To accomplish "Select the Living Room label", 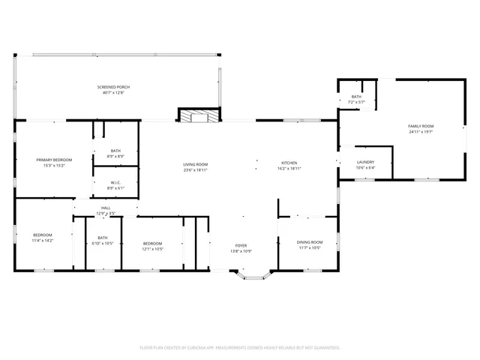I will click(195, 164).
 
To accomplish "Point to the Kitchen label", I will click(289, 163).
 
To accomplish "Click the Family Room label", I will click(421, 126).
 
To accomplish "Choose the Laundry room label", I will click(365, 162).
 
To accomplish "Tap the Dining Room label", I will click(310, 241).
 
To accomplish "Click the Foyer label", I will click(241, 245).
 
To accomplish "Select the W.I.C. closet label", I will click(115, 182).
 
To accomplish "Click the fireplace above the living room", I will click(199, 115).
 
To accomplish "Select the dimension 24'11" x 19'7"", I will click(421, 132).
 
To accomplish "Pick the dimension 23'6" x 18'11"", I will click(195, 170).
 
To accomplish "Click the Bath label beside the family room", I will click(356, 96).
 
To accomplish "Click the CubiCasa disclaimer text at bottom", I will click(240, 347).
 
